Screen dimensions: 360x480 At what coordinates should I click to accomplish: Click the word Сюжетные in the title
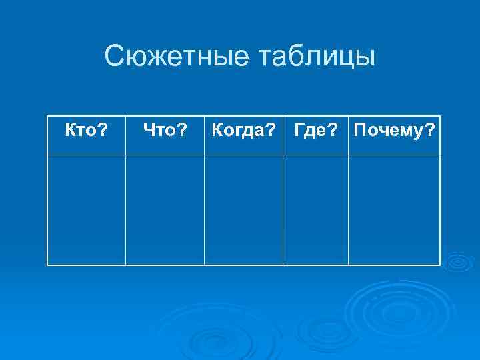click(x=175, y=57)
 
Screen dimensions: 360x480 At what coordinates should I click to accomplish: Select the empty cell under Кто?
click(x=87, y=209)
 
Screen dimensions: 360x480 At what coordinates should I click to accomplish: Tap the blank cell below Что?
click(x=165, y=209)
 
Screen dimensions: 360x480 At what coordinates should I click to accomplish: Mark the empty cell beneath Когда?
click(x=243, y=209)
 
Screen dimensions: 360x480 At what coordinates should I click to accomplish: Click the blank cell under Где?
click(x=315, y=209)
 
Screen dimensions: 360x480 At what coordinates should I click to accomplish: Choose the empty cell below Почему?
click(x=394, y=209)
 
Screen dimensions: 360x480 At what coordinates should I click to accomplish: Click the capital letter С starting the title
click(x=114, y=57)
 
